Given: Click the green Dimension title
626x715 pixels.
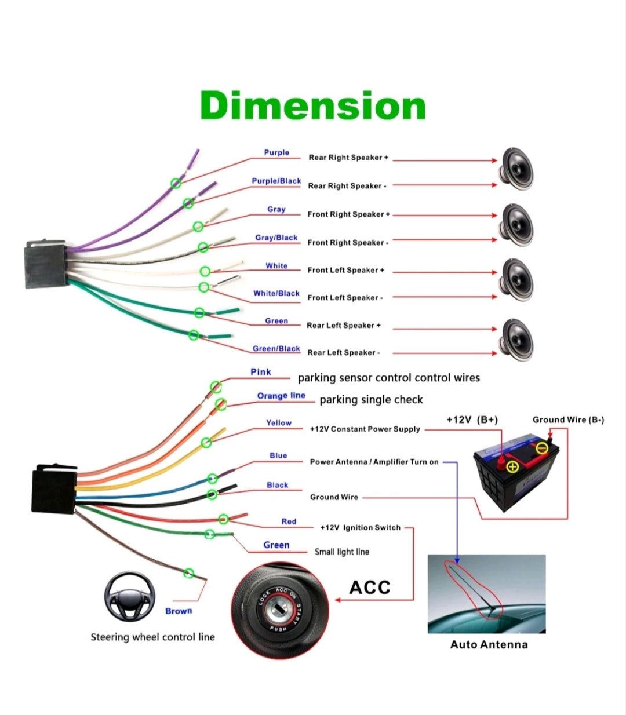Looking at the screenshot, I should click(x=313, y=106).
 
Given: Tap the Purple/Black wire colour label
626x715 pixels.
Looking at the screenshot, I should click(x=276, y=181).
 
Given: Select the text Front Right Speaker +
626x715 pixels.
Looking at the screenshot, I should click(x=348, y=214).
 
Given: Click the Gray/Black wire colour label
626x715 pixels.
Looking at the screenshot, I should click(x=276, y=238).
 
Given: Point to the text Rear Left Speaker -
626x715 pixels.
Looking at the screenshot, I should click(x=343, y=352).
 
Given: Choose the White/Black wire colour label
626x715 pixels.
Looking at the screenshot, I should click(x=276, y=293).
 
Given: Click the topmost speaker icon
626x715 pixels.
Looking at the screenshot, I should click(x=516, y=169).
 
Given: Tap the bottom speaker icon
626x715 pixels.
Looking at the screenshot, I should click(x=516, y=339).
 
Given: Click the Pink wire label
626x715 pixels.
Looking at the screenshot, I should click(x=261, y=372).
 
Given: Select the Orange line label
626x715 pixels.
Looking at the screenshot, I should click(x=281, y=396).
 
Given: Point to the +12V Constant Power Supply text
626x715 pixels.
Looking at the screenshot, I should click(x=365, y=429).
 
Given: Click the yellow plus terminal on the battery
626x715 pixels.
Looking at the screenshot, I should click(x=513, y=466).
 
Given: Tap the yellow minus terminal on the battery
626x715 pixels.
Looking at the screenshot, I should click(x=542, y=448).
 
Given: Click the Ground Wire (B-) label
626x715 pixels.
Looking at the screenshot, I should click(x=568, y=419).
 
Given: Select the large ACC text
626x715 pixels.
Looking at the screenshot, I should click(x=370, y=588).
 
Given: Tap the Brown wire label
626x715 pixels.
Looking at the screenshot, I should click(x=179, y=611).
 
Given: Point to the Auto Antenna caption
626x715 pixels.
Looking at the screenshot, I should click(x=489, y=644).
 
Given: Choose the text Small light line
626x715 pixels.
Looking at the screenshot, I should click(x=342, y=552).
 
